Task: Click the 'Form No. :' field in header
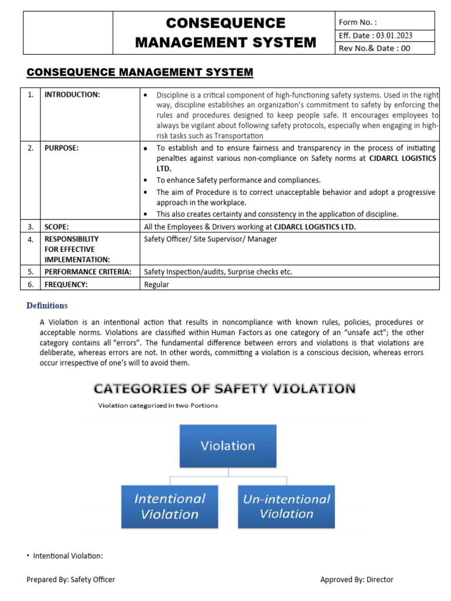click(384, 22)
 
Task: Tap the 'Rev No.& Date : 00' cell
click(384, 49)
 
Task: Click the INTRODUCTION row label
click(72, 94)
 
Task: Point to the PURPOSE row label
click(62, 148)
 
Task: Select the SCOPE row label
click(57, 227)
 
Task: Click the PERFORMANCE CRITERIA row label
click(88, 271)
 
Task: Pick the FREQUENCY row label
click(66, 284)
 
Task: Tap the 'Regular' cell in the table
click(157, 284)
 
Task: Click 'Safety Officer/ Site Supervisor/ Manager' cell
click(210, 239)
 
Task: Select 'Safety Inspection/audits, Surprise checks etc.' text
click(218, 271)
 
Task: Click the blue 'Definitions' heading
click(47, 305)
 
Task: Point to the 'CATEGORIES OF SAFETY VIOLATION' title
click(224, 389)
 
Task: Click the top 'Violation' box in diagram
click(228, 445)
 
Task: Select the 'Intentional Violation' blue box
click(170, 506)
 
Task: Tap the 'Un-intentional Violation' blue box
click(287, 506)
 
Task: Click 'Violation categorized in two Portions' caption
click(157, 406)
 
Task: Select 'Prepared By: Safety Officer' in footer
click(70, 579)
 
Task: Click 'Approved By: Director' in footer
click(356, 579)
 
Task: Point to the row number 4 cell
click(31, 239)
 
